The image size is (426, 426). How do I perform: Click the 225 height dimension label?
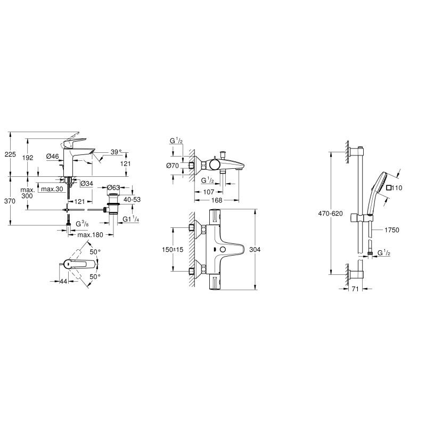pos(10,154)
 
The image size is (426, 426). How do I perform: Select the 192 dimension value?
pos(28,158)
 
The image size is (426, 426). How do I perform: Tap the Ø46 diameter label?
pos(52,156)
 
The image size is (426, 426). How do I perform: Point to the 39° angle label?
pos(116,152)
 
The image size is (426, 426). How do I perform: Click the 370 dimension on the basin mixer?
pos(10,201)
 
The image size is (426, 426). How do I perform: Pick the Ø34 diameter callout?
pos(87,184)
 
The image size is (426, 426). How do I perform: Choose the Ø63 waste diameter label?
pos(113,187)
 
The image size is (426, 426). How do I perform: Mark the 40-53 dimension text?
pos(132,199)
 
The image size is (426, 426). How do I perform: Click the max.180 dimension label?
pos(90,235)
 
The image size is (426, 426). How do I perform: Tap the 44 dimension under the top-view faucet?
pos(63,281)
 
